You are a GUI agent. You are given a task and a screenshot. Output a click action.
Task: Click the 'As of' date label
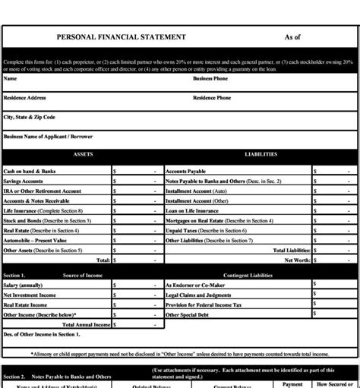click(292, 37)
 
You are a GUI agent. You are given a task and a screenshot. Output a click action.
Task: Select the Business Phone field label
click(210, 78)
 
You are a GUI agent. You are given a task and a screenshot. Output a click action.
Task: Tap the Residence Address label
click(25, 98)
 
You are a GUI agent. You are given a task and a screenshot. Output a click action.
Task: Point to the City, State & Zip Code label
click(30, 118)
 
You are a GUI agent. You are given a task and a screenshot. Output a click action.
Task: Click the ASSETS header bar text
click(83, 154)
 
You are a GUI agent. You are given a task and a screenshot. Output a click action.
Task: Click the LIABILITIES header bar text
click(261, 154)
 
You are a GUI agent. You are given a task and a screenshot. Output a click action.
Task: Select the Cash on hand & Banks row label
click(30, 172)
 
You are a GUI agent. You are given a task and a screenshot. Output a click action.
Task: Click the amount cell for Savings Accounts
click(137, 181)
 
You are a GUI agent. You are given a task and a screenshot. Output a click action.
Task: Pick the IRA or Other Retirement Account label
click(42, 191)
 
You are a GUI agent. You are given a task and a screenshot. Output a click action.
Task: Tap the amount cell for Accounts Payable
click(334, 172)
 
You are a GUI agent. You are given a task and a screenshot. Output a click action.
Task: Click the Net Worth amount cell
click(334, 260)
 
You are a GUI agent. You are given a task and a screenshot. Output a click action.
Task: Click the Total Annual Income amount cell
click(137, 324)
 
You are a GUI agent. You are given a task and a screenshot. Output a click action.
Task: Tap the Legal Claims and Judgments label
click(198, 295)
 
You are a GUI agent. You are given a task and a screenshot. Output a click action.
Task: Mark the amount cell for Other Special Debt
click(334, 314)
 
